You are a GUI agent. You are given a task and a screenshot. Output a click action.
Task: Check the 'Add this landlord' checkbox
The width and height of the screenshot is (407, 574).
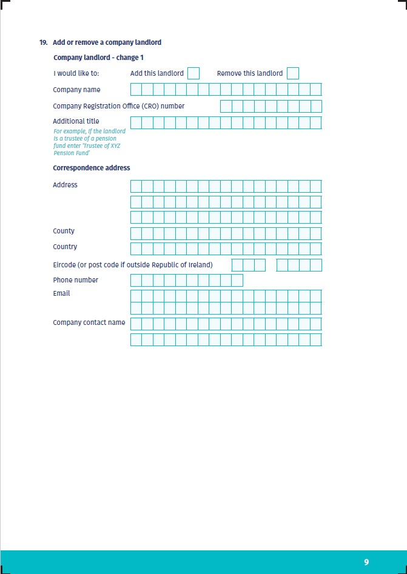coord(193,73)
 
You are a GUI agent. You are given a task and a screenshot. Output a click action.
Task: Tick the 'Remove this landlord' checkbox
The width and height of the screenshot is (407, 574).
coord(293,73)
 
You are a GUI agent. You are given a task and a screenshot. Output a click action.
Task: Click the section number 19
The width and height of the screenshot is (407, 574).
coord(43,42)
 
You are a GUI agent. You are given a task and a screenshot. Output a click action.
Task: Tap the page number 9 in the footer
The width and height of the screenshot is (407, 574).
coord(366,562)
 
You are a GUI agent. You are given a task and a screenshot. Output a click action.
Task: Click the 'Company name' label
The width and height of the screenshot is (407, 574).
coord(76,90)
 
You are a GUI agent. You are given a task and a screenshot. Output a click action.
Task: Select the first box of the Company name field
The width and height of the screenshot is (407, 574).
coord(136,90)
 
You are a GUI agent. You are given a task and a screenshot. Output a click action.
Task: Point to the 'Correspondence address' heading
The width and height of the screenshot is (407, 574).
coord(91,168)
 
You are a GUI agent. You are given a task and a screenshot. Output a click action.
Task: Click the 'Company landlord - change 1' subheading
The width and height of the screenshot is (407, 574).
coord(98,58)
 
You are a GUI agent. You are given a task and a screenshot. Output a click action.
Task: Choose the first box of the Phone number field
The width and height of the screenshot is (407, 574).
coord(136,280)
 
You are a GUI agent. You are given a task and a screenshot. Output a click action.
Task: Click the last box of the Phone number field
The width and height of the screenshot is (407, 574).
coord(237,280)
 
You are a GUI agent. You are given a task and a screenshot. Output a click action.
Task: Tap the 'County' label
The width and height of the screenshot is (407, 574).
coord(64,231)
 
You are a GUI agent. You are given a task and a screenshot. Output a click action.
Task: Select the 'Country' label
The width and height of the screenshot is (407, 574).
coord(65,247)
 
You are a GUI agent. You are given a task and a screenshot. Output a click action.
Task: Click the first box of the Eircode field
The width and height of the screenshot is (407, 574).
coord(238,265)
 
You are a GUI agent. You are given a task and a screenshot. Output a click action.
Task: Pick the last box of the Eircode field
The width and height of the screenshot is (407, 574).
coord(316,265)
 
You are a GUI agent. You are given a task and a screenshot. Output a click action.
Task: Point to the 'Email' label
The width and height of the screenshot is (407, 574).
coord(61,293)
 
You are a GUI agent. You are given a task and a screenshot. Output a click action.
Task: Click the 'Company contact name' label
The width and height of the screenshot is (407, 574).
coord(89,322)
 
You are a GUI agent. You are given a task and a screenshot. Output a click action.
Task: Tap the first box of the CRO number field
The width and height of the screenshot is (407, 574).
coord(226,107)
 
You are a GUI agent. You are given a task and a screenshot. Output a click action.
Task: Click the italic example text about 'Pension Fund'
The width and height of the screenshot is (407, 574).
coord(89,142)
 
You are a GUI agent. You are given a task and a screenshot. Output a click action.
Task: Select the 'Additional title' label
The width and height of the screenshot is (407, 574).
coord(76,121)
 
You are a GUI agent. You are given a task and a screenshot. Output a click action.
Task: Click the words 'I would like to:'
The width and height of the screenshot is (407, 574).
coord(76,73)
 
